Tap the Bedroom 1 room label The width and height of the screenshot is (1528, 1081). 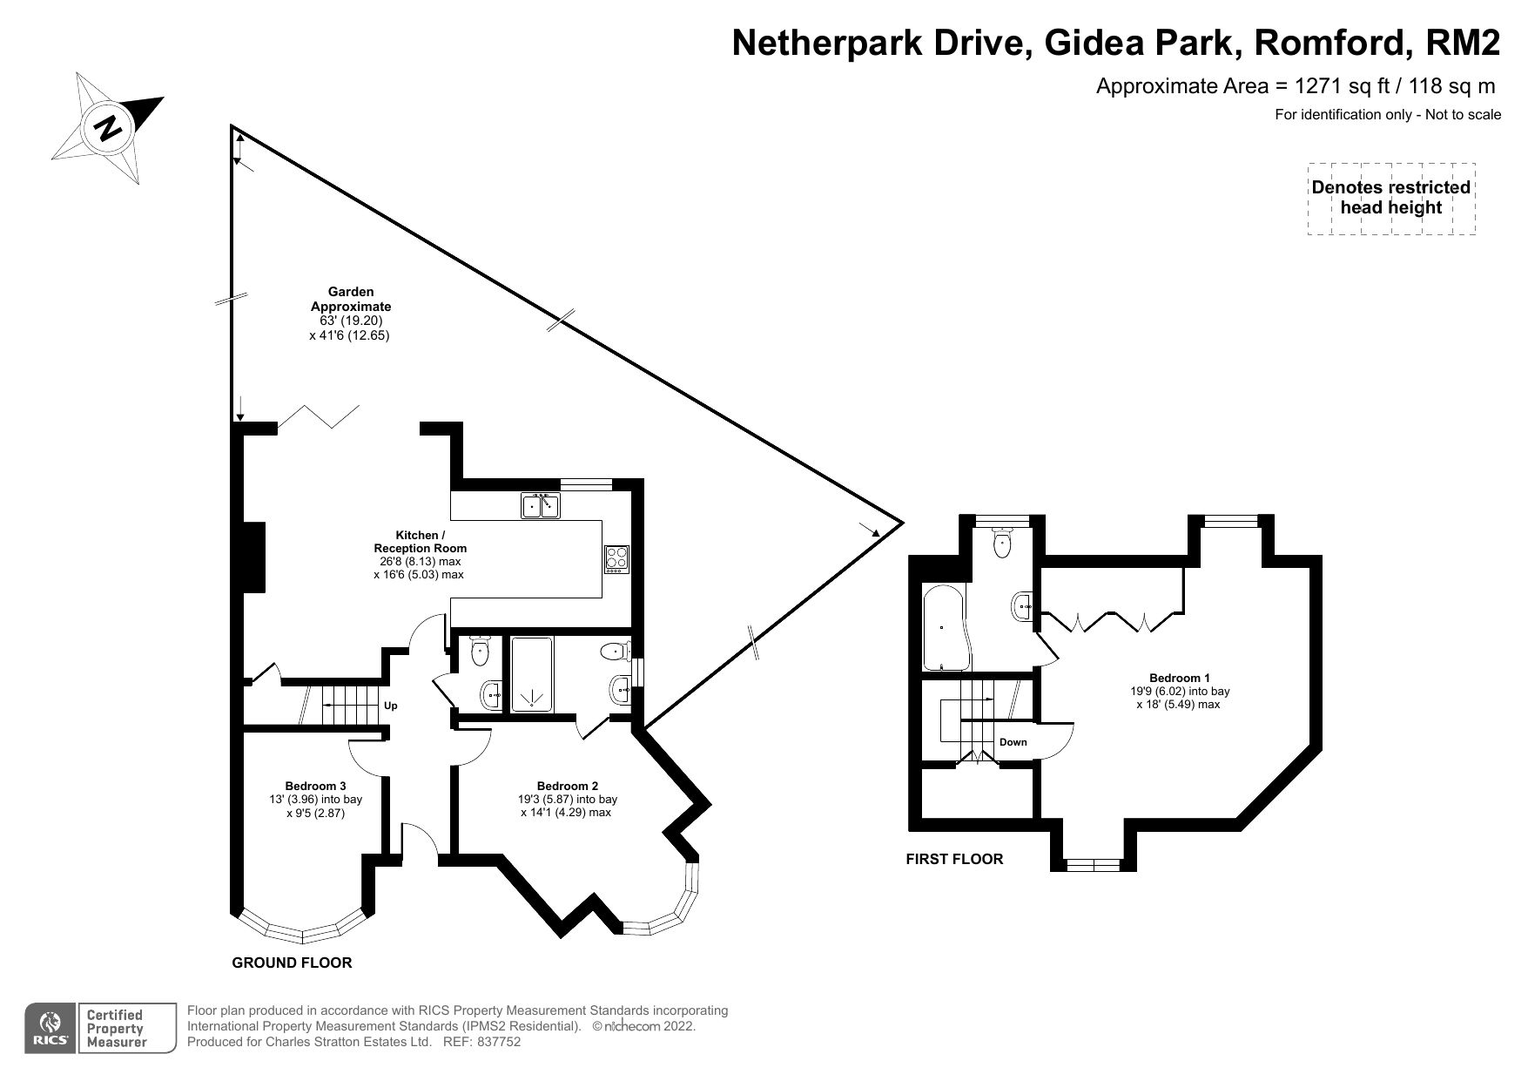click(x=1180, y=678)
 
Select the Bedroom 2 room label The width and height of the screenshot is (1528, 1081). click(x=567, y=786)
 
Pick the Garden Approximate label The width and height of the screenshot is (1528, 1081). click(x=351, y=299)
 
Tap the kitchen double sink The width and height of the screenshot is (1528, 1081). click(x=542, y=506)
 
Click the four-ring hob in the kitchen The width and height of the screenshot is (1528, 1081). click(x=616, y=558)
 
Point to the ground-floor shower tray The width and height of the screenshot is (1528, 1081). click(x=531, y=674)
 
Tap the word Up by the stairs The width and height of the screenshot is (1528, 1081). click(x=391, y=706)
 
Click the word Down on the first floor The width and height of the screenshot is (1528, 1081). click(x=1013, y=742)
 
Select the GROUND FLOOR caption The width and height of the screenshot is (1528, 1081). click(x=292, y=963)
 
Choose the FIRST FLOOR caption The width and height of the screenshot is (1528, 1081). click(x=954, y=859)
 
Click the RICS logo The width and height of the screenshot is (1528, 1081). click(x=46, y=1027)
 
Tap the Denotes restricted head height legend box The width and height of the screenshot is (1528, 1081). click(x=1390, y=199)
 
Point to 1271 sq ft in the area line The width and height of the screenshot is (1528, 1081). click(x=1337, y=86)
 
